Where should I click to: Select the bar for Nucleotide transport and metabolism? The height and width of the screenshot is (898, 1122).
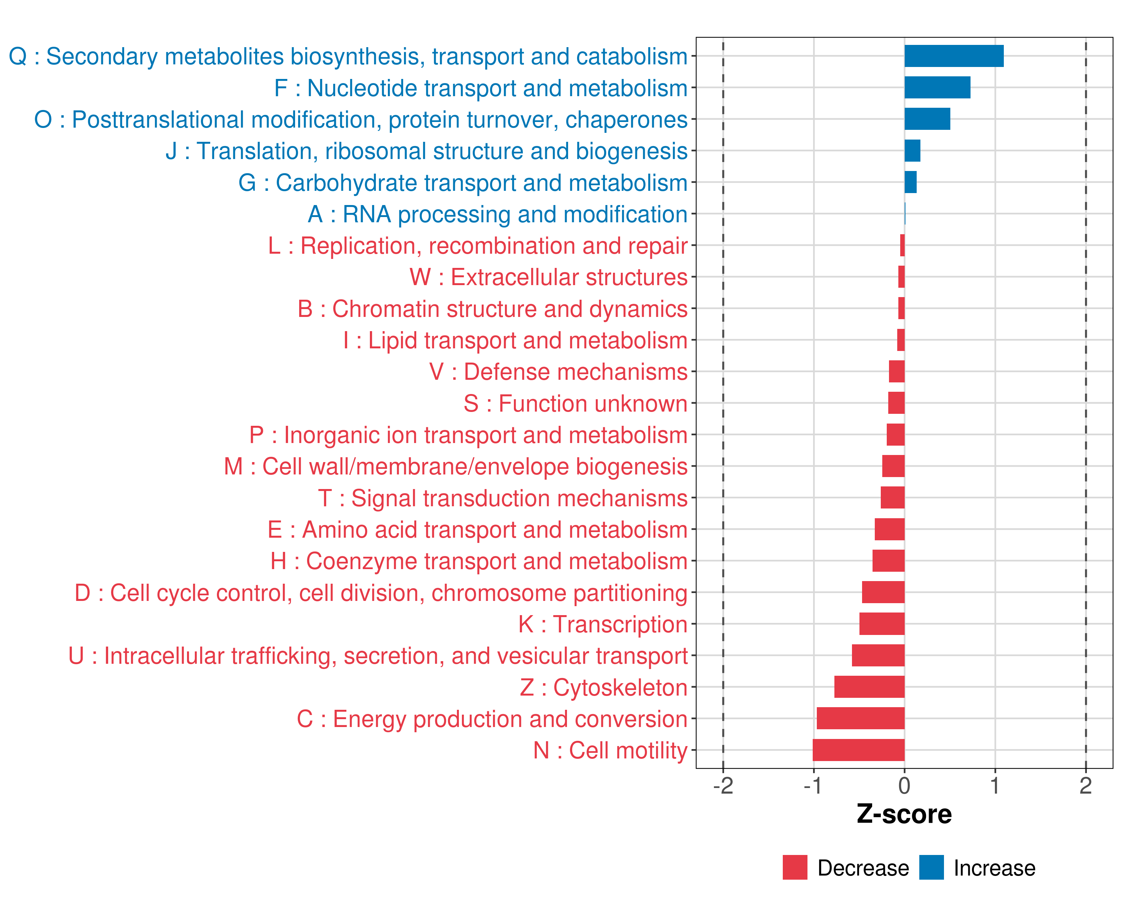[x=937, y=88]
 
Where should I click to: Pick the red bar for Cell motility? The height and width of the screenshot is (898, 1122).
[x=858, y=750]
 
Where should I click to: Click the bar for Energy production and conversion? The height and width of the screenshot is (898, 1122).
[x=860, y=718]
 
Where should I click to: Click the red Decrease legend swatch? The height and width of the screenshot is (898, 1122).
[x=795, y=867]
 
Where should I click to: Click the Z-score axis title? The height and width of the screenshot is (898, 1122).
[x=904, y=814]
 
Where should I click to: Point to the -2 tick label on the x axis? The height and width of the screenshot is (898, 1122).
[x=723, y=785]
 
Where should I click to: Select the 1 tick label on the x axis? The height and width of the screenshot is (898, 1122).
[x=994, y=785]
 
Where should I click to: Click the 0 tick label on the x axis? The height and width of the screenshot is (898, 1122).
[x=904, y=785]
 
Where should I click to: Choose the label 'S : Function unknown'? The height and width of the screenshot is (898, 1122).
[x=575, y=403]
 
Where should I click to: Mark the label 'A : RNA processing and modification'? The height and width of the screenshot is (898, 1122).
[x=497, y=214]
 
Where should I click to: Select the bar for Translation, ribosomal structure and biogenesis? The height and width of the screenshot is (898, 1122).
[x=912, y=151]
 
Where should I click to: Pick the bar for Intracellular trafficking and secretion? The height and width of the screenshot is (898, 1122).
[x=878, y=656]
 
